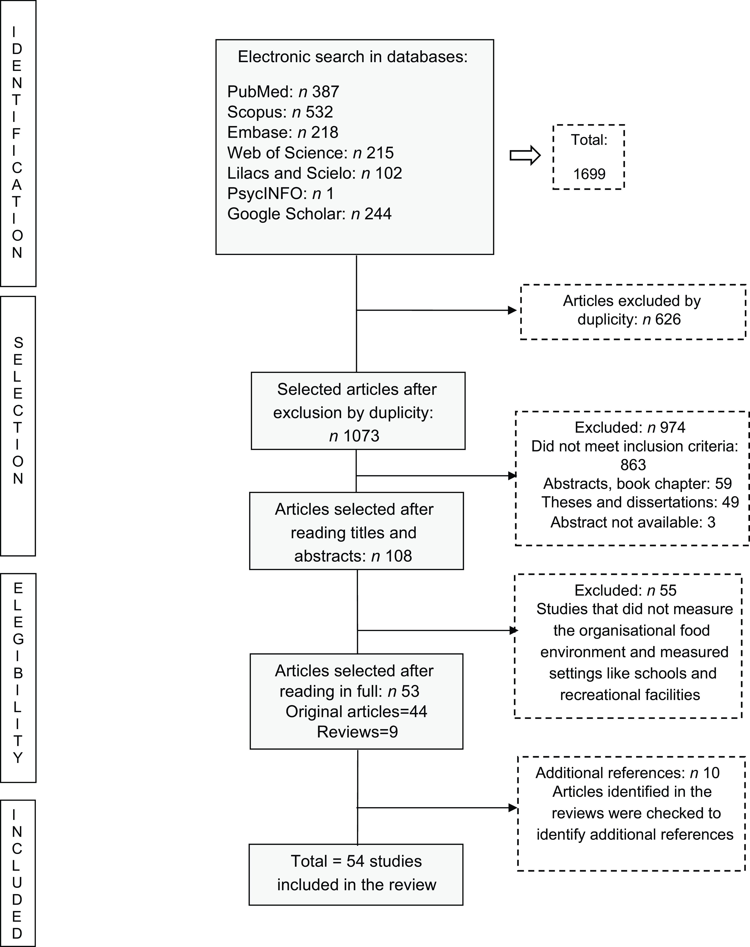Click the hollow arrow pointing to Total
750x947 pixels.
pos(525,155)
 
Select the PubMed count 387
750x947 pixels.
pos(325,92)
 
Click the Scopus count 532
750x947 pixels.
pos(319,112)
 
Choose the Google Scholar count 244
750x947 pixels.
pos(378,214)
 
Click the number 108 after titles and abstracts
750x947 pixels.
pos(398,556)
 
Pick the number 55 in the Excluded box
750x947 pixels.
pos(668,590)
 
